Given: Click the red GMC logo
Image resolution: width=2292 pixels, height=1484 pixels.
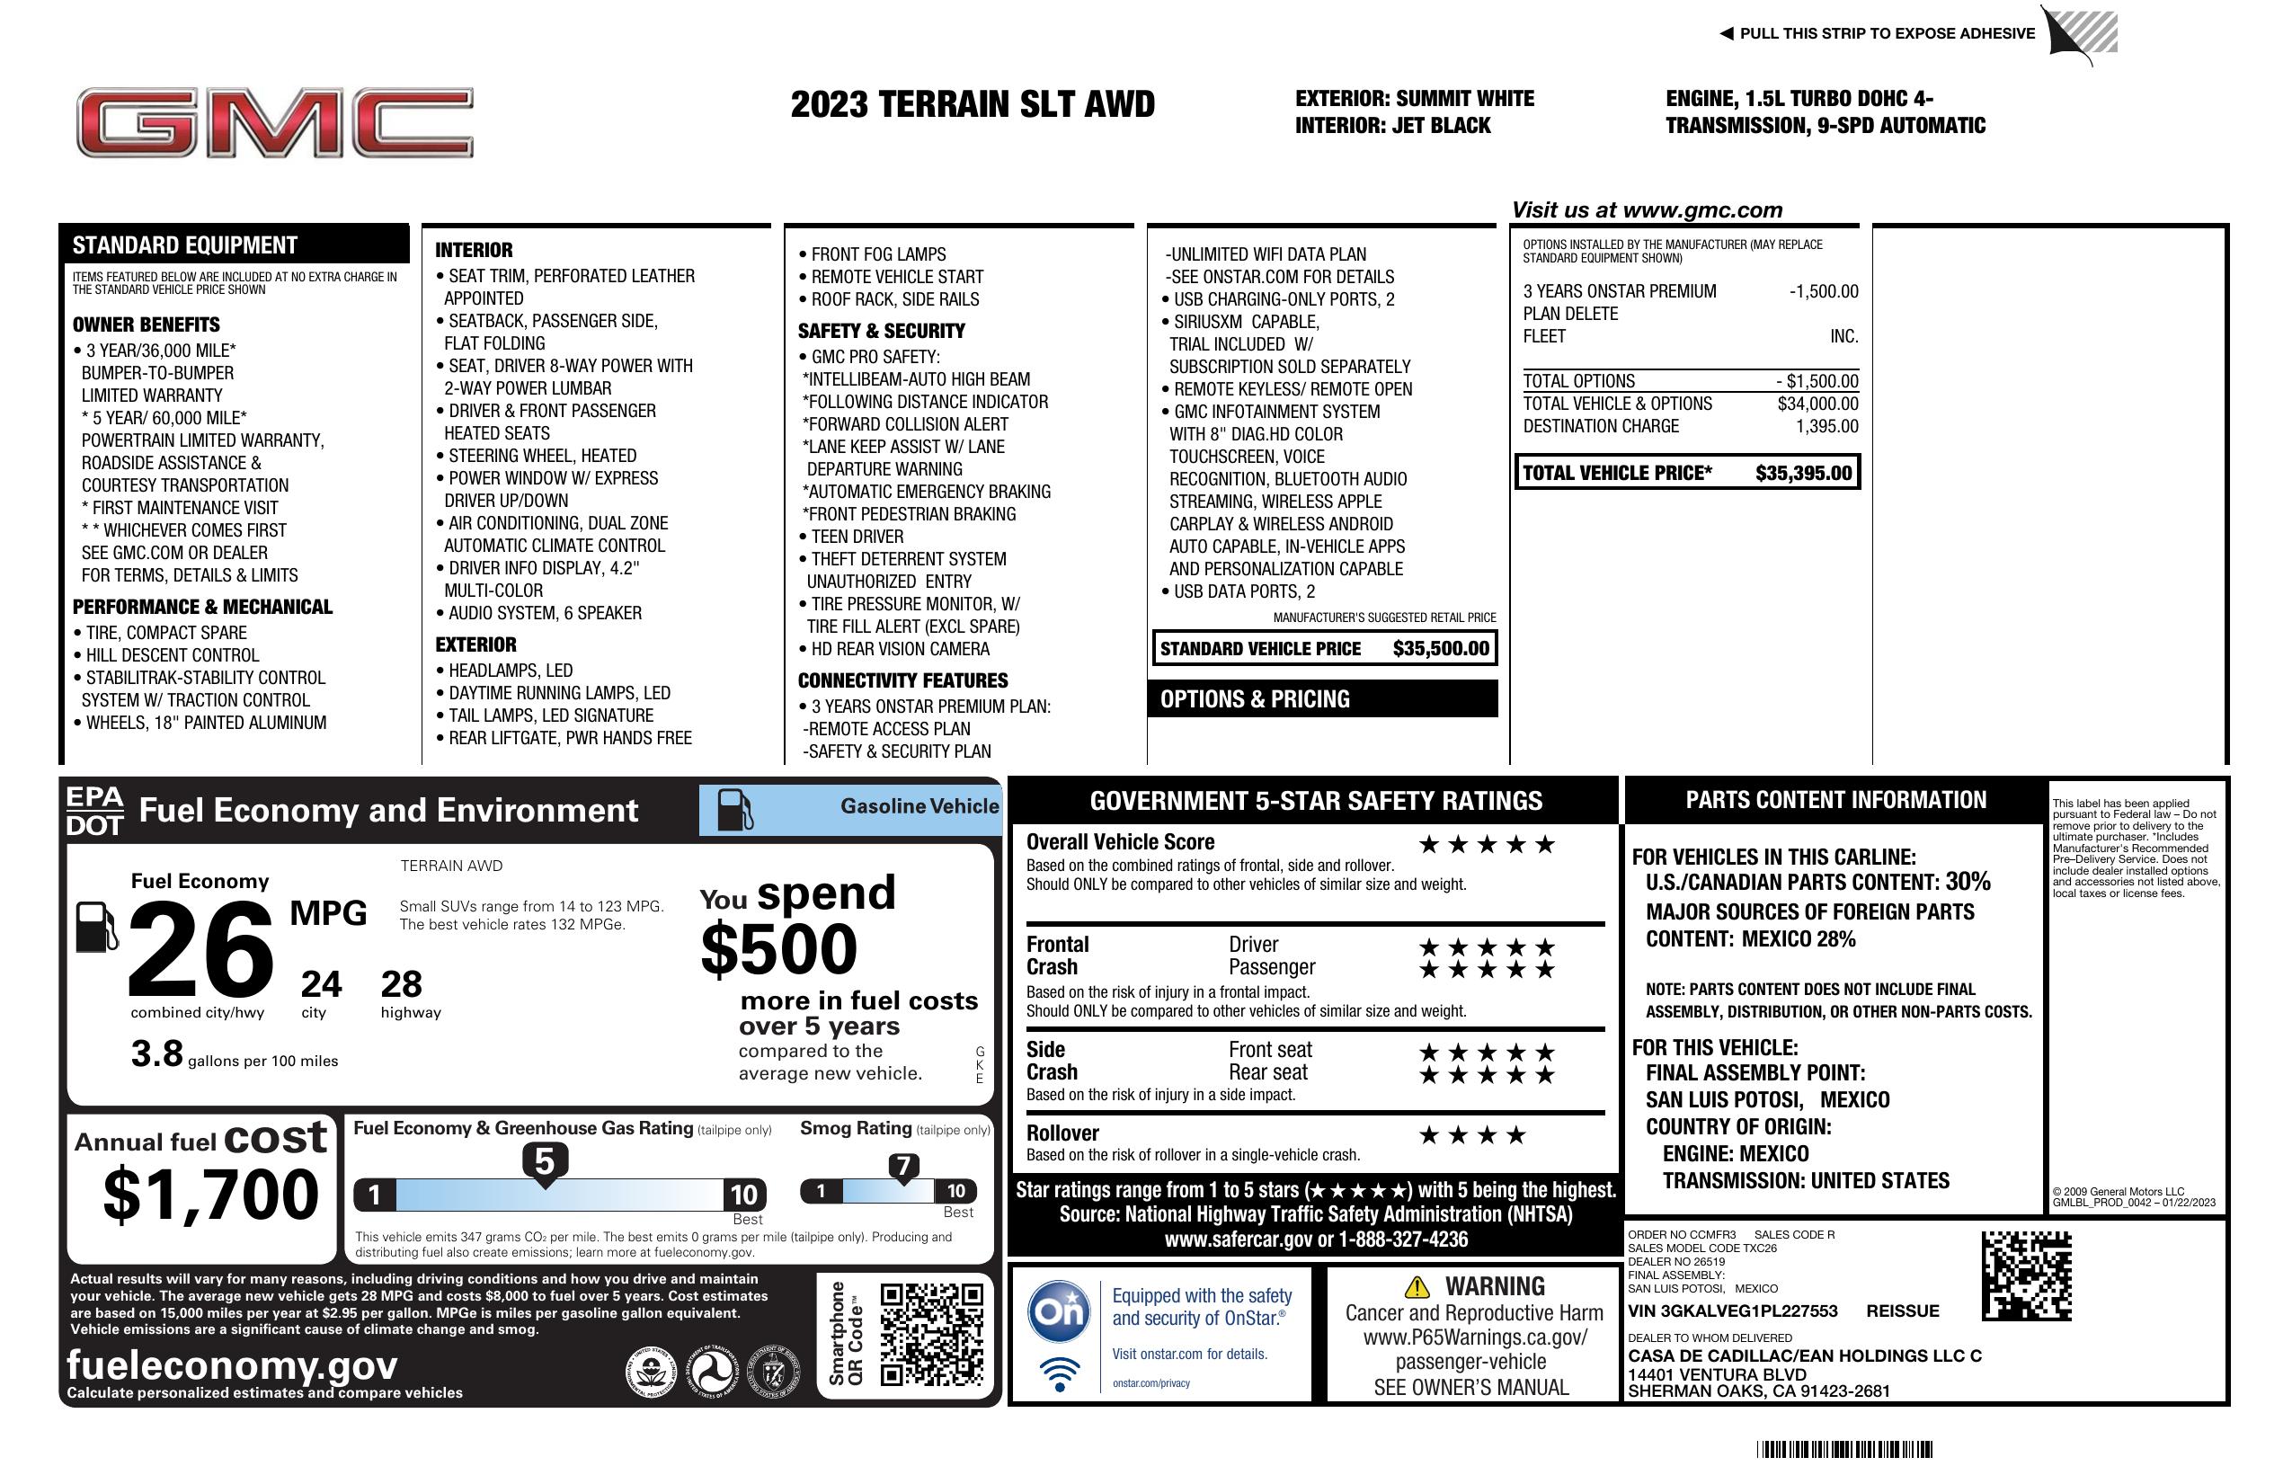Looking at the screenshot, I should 274,123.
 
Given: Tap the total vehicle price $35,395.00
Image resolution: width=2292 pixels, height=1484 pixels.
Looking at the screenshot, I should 1803,473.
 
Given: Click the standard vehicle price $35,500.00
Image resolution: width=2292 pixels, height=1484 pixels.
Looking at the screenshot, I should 1441,649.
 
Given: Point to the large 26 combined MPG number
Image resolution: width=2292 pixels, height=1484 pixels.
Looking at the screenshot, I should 200,949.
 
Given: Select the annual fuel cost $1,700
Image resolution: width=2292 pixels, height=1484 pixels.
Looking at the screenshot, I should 210,1195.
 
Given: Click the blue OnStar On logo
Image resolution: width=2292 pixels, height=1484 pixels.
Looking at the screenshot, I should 1059,1311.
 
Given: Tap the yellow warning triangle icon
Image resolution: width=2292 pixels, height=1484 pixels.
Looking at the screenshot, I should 1417,1286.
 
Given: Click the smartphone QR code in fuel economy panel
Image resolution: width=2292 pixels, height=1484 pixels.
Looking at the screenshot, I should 931,1334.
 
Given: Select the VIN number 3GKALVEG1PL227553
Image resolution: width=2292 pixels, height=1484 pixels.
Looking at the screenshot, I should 1733,1311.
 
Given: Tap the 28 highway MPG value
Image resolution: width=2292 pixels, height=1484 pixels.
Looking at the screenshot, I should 402,984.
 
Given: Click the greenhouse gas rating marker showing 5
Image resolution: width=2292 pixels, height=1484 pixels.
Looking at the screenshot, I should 544,1162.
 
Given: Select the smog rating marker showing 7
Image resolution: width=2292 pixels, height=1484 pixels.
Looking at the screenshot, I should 902,1168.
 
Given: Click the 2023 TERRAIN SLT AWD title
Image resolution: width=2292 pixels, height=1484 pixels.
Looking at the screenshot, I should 972,104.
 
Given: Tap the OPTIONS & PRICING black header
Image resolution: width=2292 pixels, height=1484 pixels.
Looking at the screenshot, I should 1321,699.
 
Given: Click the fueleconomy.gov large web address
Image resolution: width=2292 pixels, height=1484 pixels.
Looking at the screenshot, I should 232,1365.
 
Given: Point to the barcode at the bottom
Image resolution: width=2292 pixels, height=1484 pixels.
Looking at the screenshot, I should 1844,1449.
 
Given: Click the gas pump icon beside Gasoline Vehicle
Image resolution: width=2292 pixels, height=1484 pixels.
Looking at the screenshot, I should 735,810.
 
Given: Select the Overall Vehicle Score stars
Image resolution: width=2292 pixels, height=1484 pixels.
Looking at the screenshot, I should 1487,845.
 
